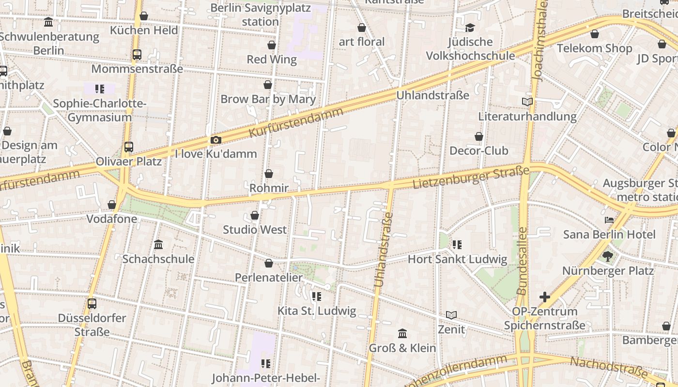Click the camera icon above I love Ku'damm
tap(216, 140)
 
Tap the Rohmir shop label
tap(269, 188)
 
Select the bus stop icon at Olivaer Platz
tap(128, 147)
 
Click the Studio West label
tap(255, 230)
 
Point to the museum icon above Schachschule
tap(158, 245)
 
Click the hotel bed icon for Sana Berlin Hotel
tap(609, 220)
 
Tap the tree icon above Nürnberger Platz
tap(608, 256)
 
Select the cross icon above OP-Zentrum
tap(545, 297)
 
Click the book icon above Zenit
tap(451, 315)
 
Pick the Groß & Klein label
tap(402, 348)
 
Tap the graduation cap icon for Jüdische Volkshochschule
tap(470, 28)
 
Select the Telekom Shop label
tap(594, 48)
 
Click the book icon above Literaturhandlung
tap(527, 102)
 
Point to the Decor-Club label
tap(479, 150)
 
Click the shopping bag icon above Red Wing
tap(272, 45)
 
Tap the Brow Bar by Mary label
tap(268, 99)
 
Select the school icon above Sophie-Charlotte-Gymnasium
tap(100, 89)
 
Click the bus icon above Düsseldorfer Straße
tap(92, 304)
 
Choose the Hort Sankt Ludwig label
tap(457, 259)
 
